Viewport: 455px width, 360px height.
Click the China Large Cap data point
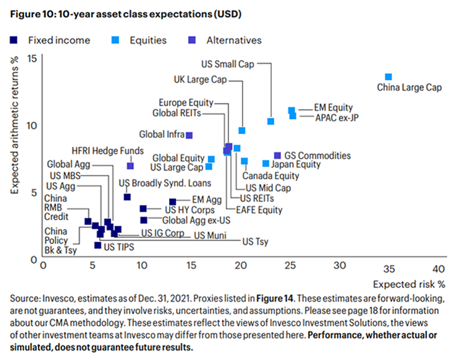click(x=389, y=77)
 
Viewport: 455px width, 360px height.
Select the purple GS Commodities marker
click(x=278, y=155)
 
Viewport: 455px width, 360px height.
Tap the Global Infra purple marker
click(x=190, y=135)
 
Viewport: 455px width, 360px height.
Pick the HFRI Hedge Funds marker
click(x=130, y=166)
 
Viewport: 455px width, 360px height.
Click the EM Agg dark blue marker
click(x=172, y=202)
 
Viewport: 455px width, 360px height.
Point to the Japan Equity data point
click(x=266, y=164)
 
